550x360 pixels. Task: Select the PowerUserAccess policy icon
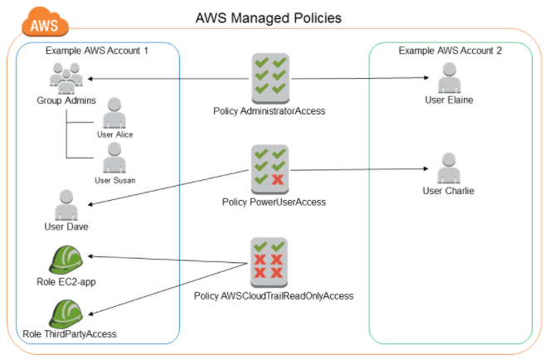pos(269,168)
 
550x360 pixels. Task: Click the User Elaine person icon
pos(449,79)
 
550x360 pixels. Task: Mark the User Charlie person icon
pos(449,169)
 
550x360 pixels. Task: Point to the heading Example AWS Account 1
pos(97,51)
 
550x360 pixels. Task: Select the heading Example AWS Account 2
pos(450,51)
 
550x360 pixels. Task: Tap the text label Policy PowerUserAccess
pos(274,202)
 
